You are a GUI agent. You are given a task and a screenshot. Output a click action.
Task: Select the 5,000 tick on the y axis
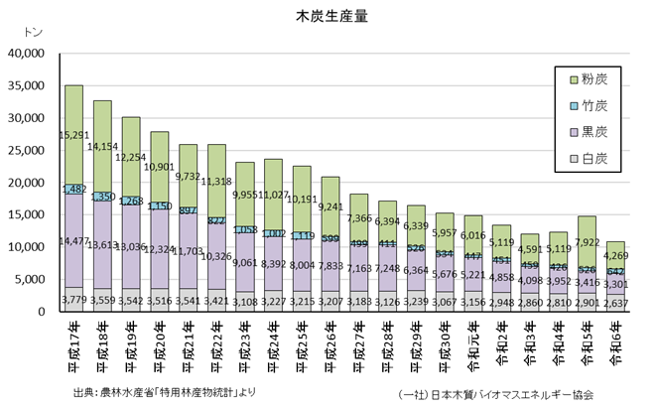[31, 279]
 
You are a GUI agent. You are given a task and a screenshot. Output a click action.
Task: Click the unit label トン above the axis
[21, 34]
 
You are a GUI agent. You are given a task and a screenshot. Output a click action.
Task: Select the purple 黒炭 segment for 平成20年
[160, 248]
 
